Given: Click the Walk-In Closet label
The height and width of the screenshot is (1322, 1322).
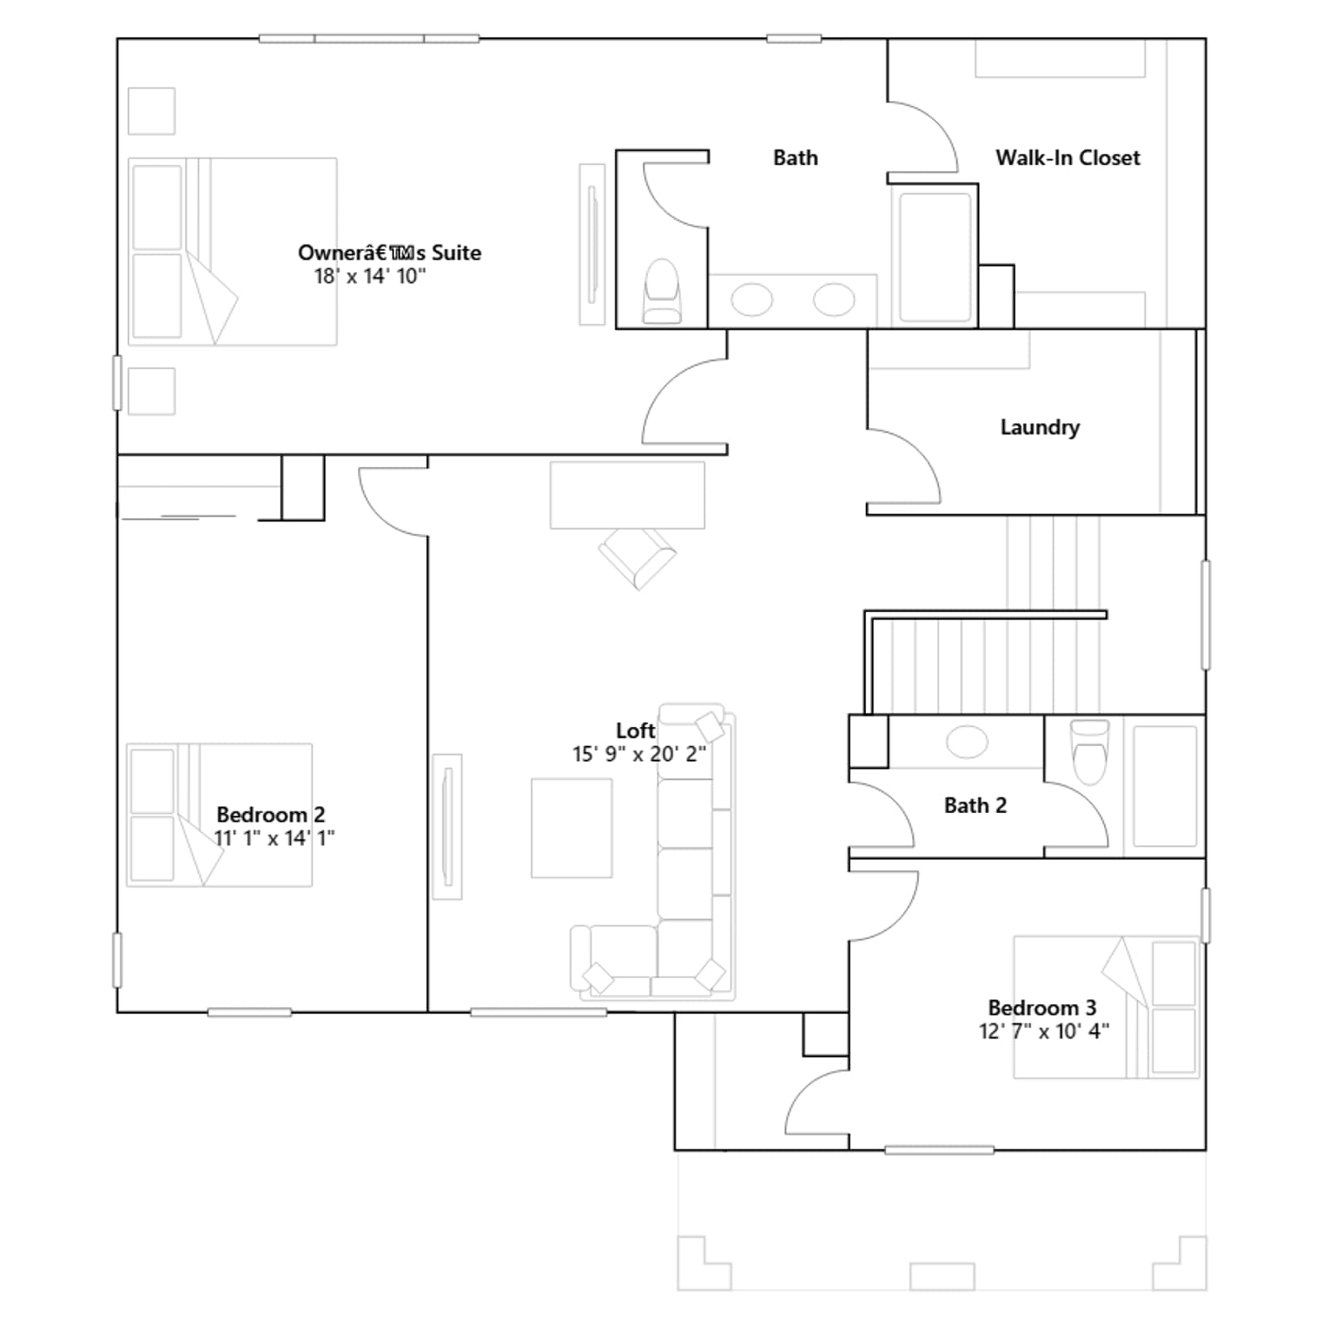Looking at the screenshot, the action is pyautogui.click(x=1068, y=158).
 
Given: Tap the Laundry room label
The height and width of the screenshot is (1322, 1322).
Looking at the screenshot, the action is pyautogui.click(x=1039, y=427).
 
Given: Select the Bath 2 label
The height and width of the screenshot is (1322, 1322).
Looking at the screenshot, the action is pyautogui.click(x=975, y=806).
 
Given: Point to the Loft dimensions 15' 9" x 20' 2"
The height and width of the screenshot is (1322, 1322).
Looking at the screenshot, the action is pyautogui.click(x=639, y=754).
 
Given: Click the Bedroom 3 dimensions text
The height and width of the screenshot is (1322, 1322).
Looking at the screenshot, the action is pyautogui.click(x=1044, y=1031).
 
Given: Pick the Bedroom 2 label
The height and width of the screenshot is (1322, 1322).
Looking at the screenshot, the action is pyautogui.click(x=271, y=815).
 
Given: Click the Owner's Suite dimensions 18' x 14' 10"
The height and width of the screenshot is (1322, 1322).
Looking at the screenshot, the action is pyautogui.click(x=369, y=276).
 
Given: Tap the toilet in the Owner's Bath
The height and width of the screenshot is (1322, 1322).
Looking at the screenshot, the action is pyautogui.click(x=663, y=291).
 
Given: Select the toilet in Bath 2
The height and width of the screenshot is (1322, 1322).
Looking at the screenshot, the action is pyautogui.click(x=1089, y=750).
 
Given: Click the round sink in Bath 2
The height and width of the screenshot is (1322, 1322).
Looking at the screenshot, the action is pyautogui.click(x=967, y=741).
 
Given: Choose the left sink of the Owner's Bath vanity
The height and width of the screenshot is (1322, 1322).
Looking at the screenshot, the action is pyautogui.click(x=752, y=299).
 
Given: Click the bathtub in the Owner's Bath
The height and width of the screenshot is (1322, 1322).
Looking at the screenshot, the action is pyautogui.click(x=935, y=257).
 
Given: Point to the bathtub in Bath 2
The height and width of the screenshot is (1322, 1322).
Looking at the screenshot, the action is pyautogui.click(x=1165, y=786).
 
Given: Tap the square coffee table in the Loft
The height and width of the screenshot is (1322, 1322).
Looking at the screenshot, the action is pyautogui.click(x=572, y=828).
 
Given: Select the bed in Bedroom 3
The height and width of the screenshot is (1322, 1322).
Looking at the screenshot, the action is pyautogui.click(x=1106, y=1007).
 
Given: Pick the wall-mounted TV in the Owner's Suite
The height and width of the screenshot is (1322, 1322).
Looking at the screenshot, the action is pyautogui.click(x=592, y=245).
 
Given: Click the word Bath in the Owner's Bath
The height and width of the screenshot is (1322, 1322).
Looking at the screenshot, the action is pyautogui.click(x=796, y=158).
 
